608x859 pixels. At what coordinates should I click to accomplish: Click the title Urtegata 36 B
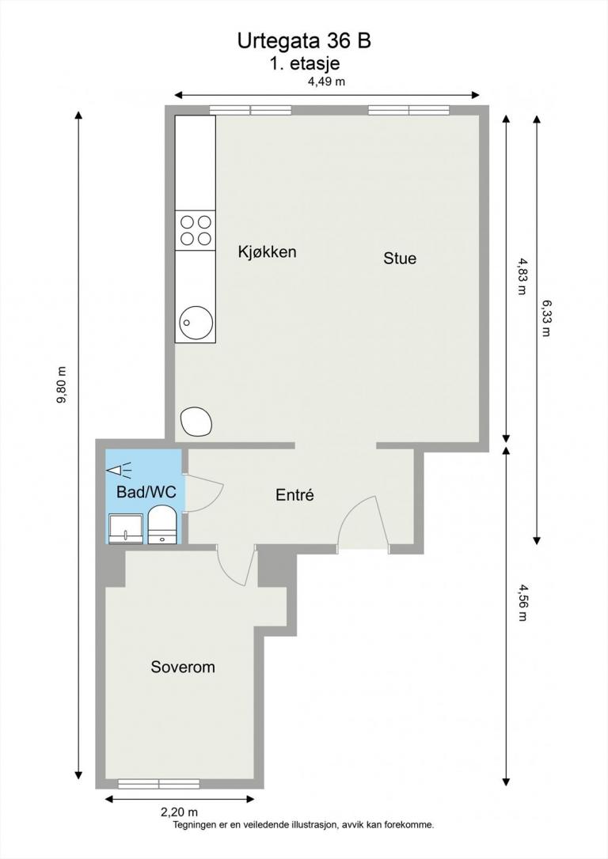[x=304, y=41]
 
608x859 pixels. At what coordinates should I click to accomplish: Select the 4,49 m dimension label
[x=326, y=81]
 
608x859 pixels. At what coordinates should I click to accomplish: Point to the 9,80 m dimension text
[x=62, y=387]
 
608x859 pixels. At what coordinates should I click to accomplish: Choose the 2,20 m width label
[x=179, y=812]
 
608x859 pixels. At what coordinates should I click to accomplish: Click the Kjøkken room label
[x=267, y=252]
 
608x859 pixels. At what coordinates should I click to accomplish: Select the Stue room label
[x=400, y=258]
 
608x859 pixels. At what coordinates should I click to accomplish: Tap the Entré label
[x=295, y=496]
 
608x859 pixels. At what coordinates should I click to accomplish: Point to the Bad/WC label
[x=146, y=492]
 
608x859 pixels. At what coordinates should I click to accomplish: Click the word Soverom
[x=183, y=668]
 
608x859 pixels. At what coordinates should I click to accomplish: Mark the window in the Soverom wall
[x=158, y=784]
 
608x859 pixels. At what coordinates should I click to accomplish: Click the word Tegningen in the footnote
[x=197, y=824]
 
